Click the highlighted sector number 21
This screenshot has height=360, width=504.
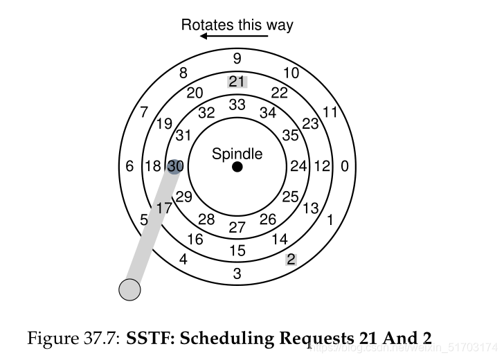(237, 82)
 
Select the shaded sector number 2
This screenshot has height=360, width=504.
(291, 260)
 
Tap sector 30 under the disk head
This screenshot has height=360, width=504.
(175, 167)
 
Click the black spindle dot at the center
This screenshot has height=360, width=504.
(237, 167)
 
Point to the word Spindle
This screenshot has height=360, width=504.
(237, 153)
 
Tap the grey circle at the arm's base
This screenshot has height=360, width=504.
(129, 289)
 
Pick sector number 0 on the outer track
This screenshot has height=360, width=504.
(345, 167)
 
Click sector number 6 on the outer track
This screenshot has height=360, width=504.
(129, 167)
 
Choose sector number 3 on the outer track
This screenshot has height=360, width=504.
(237, 274)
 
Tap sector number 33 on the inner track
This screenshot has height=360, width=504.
(237, 105)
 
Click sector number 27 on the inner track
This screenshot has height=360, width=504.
(237, 227)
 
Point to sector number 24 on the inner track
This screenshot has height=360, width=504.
(298, 167)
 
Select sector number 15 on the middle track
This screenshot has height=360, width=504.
(237, 251)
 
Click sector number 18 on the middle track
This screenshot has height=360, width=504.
(153, 167)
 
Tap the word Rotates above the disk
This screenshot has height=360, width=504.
(206, 25)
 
